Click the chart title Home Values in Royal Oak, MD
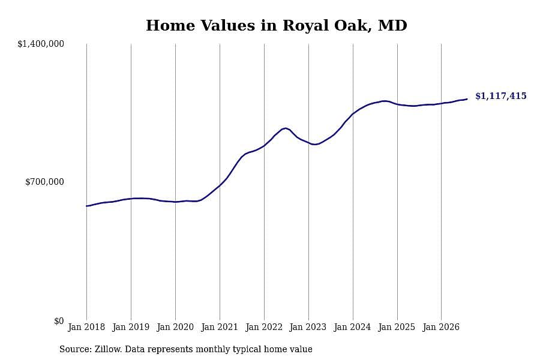[276, 26]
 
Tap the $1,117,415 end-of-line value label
[501, 96]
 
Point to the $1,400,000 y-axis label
[41, 44]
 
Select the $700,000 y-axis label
[44, 182]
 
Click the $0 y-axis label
[59, 321]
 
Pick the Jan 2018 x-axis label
[86, 327]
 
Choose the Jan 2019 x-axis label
[131, 327]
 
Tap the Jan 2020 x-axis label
[175, 327]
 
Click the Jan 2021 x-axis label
[220, 327]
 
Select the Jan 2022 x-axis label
[264, 327]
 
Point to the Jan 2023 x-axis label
[308, 327]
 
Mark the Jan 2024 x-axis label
[352, 327]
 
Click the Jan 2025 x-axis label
[397, 327]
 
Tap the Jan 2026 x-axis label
[441, 327]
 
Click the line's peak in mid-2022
[285, 128]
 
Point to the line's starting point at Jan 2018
[86, 206]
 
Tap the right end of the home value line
[467, 99]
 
